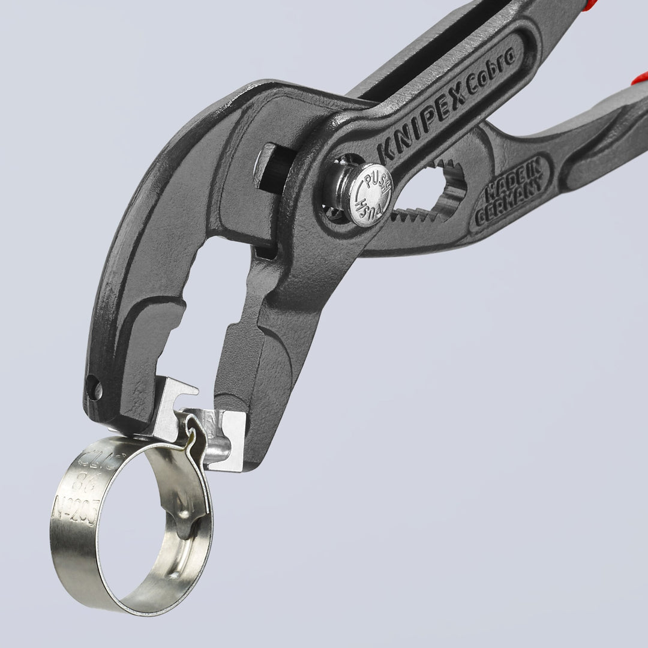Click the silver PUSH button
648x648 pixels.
point(367,195)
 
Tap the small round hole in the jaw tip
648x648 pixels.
point(94,388)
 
